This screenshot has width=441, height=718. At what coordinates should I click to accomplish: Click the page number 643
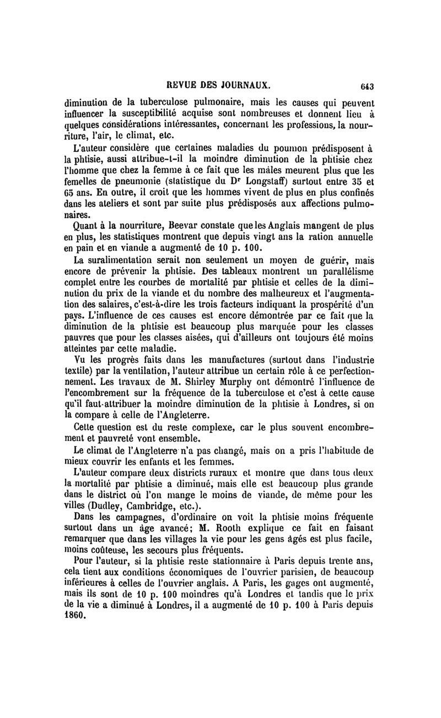click(x=367, y=86)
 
